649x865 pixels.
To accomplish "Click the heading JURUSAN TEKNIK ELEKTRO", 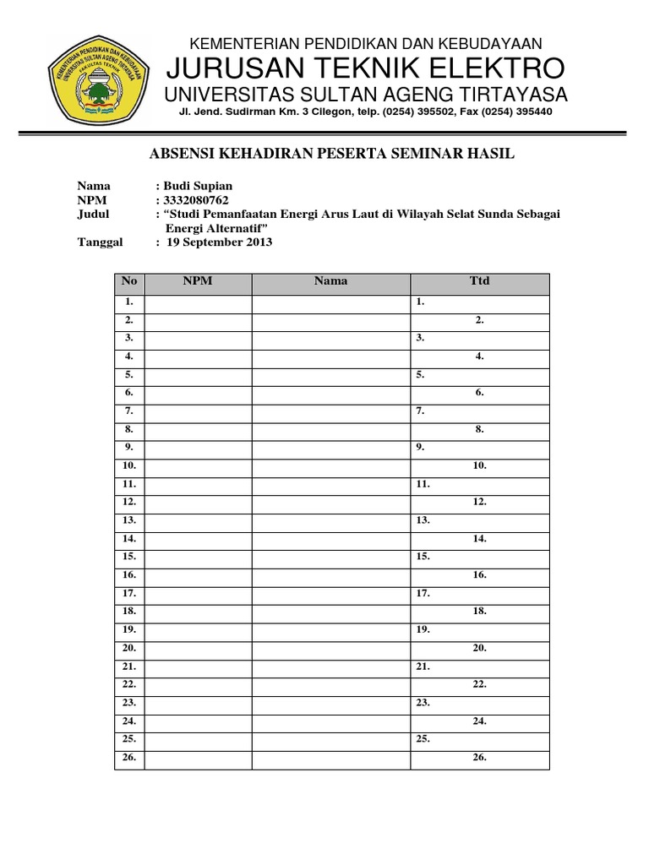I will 366,68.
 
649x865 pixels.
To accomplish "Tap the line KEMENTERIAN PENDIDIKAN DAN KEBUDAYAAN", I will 365,43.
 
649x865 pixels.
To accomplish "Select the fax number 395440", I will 529,112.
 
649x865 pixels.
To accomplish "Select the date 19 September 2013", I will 219,242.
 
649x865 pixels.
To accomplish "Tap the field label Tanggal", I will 100,242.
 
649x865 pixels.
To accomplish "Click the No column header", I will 129,281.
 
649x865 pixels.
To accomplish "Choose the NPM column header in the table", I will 198,281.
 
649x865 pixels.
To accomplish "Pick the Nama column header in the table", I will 330,281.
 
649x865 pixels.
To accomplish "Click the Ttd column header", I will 479,281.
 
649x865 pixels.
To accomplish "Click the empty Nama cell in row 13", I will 330,520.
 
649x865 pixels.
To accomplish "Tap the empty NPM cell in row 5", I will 198,374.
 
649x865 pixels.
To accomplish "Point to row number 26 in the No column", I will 129,758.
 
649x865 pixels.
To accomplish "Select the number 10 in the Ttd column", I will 479,465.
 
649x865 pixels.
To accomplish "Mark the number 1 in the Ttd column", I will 419,301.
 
